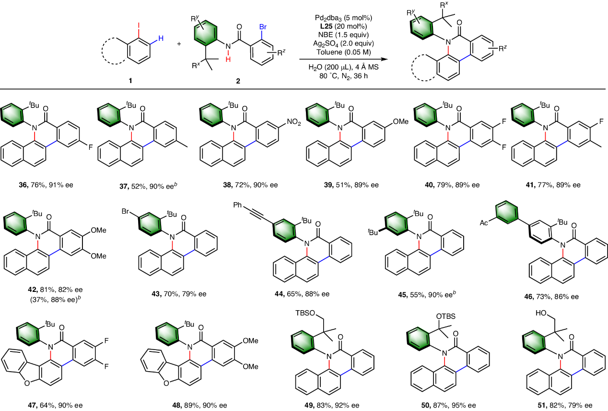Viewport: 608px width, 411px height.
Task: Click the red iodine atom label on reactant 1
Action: point(139,25)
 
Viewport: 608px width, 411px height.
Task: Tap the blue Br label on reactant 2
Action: point(263,27)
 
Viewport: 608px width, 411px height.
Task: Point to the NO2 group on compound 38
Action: point(294,122)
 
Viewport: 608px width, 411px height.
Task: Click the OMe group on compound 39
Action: point(401,121)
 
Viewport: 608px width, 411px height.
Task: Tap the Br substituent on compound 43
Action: point(126,211)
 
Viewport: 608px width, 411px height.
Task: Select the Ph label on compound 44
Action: point(237,205)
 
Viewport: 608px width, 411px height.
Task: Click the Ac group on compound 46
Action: point(484,223)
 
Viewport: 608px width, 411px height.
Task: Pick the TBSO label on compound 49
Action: point(305,313)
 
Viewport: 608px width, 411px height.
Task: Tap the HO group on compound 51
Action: point(541,313)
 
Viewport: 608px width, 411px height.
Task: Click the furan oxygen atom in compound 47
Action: point(27,383)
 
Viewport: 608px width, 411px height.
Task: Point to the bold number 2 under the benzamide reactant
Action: point(238,81)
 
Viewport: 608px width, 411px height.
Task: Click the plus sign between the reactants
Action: point(179,44)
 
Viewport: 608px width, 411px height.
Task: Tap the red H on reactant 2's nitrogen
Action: point(228,59)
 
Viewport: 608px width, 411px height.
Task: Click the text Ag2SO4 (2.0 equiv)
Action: point(343,44)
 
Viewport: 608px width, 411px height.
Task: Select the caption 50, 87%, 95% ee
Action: point(448,405)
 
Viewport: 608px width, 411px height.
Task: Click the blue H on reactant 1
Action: point(161,38)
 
